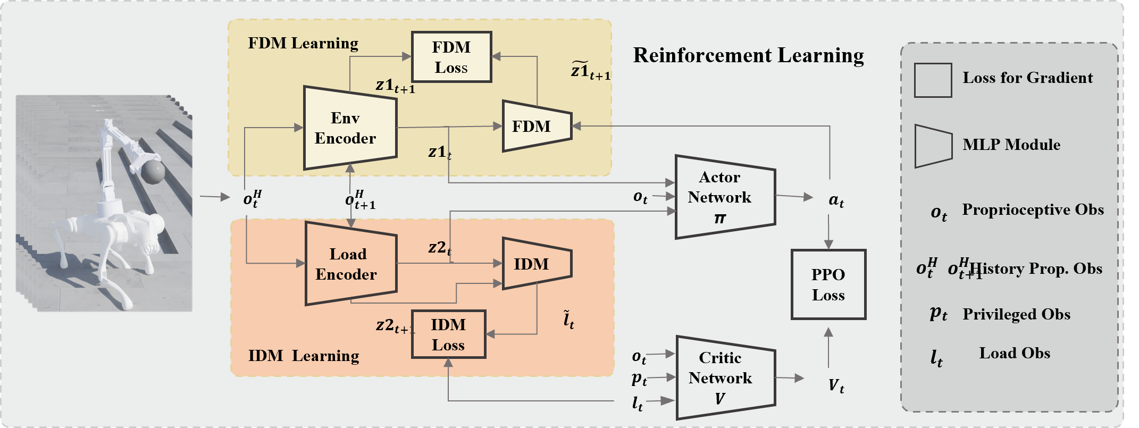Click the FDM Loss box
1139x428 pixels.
click(x=451, y=57)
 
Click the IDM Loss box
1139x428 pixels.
click(x=448, y=334)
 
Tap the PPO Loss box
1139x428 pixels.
click(x=828, y=284)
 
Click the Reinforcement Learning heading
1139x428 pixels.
click(x=748, y=55)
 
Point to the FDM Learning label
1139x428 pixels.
click(x=303, y=43)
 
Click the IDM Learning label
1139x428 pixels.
click(x=304, y=356)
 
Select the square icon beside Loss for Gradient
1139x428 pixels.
click(x=933, y=80)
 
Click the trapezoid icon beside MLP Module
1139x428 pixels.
click(x=933, y=146)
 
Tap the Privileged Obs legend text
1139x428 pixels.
click(x=1016, y=314)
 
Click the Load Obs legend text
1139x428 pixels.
click(x=1014, y=354)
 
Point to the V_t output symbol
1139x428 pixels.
click(x=836, y=385)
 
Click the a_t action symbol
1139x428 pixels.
click(x=836, y=200)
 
